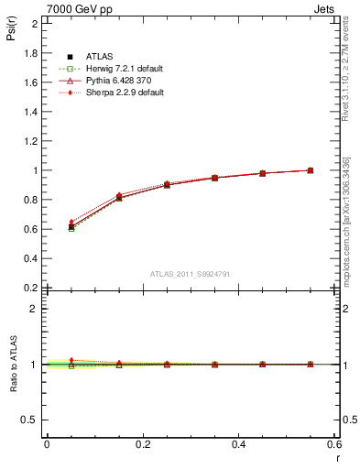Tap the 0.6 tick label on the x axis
pyautogui.click(x=335, y=444)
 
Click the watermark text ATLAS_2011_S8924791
pyautogui.click(x=190, y=274)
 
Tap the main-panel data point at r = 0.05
pyautogui.click(x=71, y=226)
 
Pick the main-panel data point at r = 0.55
pyautogui.click(x=311, y=170)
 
